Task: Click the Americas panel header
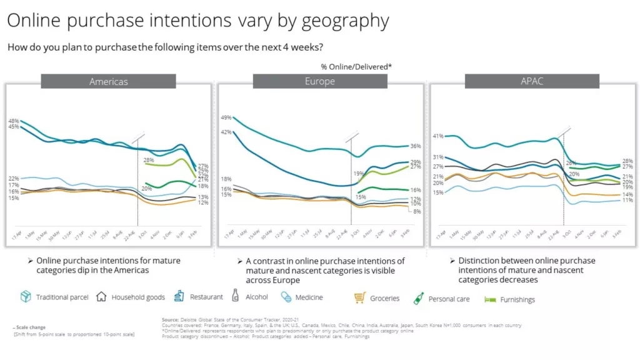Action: point(109,82)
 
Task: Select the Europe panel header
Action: point(319,81)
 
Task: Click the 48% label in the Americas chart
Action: point(14,120)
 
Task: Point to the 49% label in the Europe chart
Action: point(226,117)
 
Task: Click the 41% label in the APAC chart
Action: point(438,136)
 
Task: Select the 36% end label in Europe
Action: point(416,146)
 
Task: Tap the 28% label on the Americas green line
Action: point(149,161)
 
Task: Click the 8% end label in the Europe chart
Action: point(417,211)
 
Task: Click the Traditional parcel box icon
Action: point(26,297)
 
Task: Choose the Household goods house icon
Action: point(101,297)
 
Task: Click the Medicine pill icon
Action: point(286,297)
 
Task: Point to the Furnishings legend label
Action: point(517,299)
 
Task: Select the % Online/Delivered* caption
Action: point(356,67)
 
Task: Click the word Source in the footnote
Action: point(171,319)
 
